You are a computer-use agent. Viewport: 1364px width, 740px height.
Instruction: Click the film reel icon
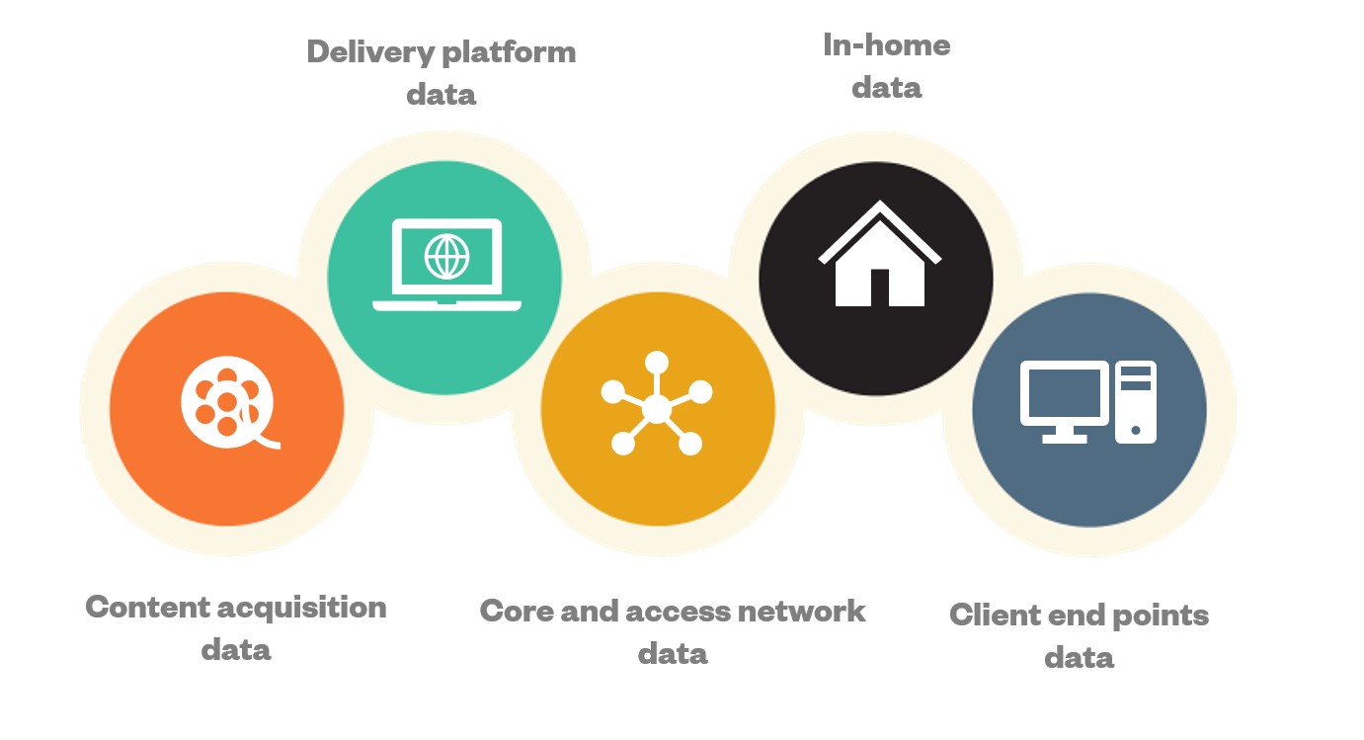point(227,399)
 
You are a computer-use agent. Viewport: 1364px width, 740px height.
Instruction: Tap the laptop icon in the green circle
point(446,265)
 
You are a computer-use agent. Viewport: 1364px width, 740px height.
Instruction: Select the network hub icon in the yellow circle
point(657,406)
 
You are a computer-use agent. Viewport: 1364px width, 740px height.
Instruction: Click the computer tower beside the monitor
point(1136,401)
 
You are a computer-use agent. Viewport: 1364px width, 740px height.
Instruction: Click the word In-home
point(886,45)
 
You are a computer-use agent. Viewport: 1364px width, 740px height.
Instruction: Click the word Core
point(516,611)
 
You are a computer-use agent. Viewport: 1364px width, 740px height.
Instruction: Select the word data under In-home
point(886,88)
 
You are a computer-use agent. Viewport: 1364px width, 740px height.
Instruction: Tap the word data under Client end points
point(1079,658)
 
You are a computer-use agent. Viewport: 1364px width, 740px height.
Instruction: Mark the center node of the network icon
point(657,408)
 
